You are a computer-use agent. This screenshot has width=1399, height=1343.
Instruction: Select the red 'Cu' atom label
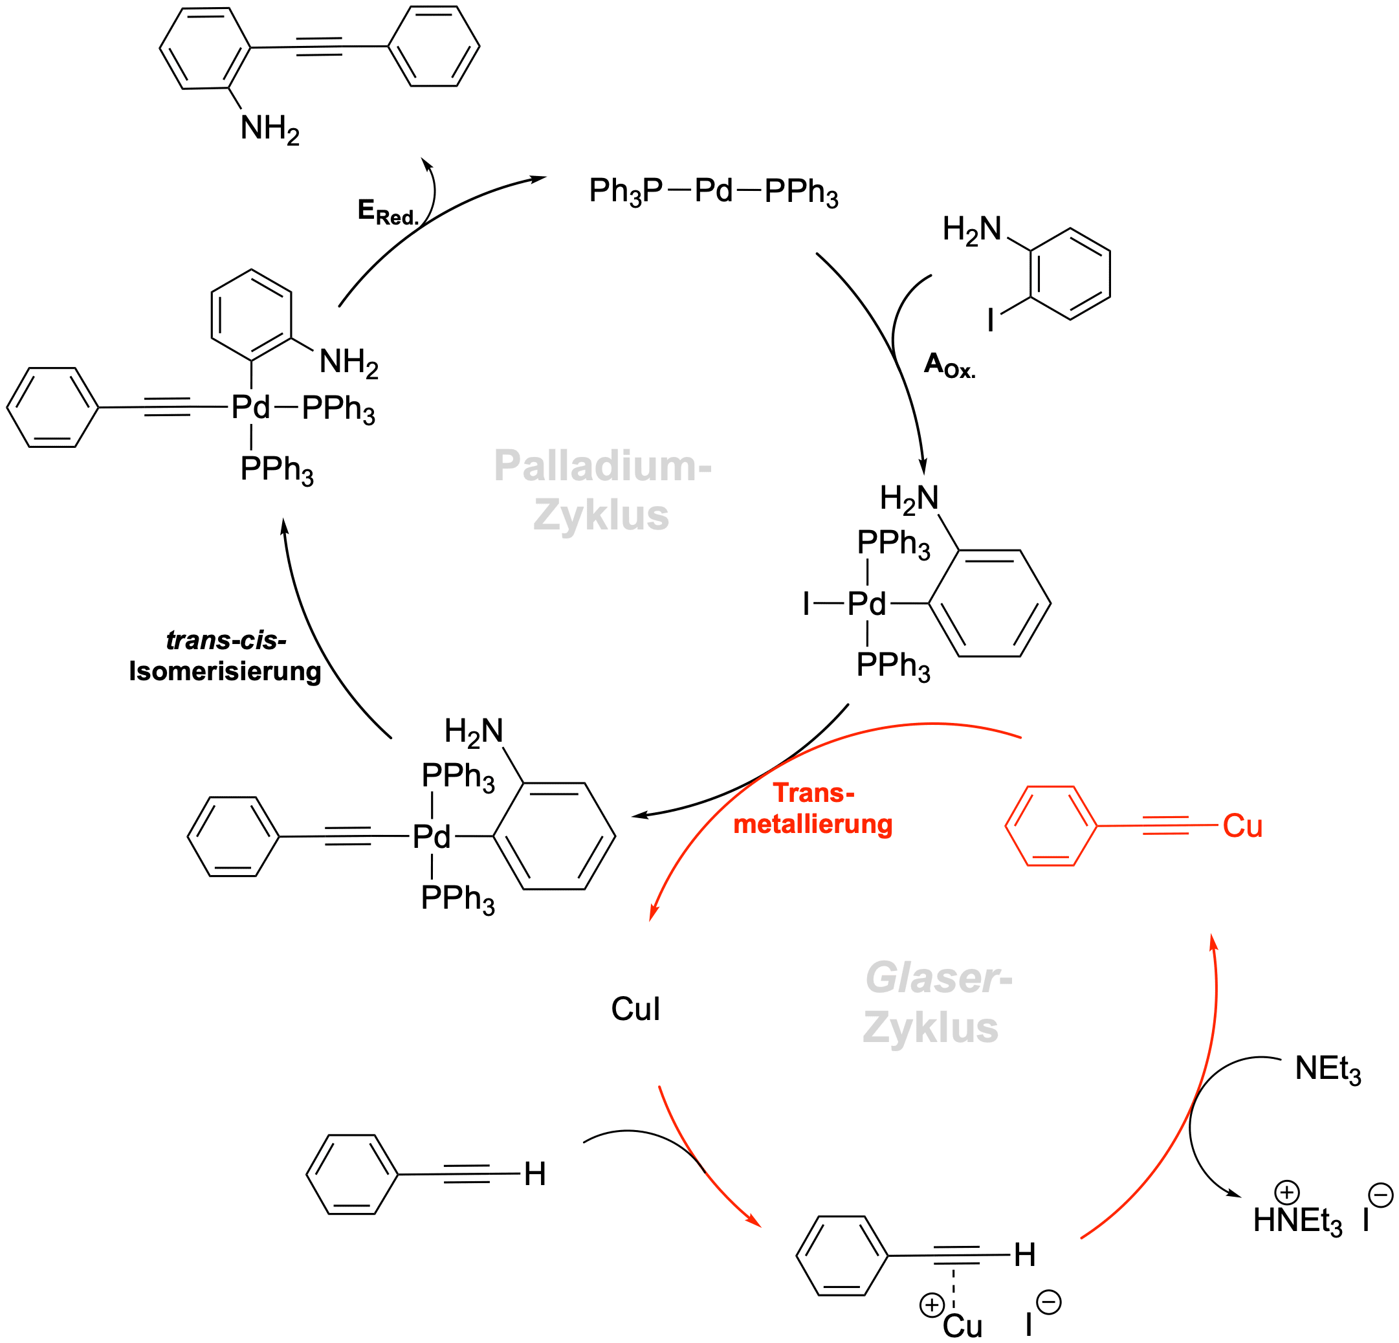[x=1242, y=826]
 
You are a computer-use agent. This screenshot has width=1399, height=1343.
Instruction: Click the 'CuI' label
[x=635, y=1009]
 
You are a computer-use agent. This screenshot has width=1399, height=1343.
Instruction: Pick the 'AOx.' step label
[x=949, y=366]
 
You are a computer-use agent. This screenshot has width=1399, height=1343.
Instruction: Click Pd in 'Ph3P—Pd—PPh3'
[x=713, y=191]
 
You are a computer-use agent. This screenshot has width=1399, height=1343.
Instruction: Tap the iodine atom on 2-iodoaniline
[x=991, y=319]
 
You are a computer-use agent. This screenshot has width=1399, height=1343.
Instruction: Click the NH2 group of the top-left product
[x=270, y=129]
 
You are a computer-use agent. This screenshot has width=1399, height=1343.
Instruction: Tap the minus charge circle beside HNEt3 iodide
[x=1381, y=1195]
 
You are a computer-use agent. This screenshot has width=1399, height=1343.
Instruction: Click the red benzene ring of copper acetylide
[x=1051, y=826]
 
